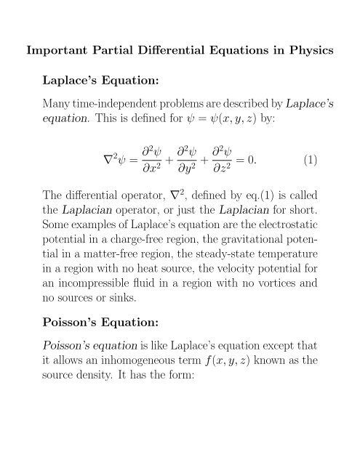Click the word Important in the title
(x=56, y=52)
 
